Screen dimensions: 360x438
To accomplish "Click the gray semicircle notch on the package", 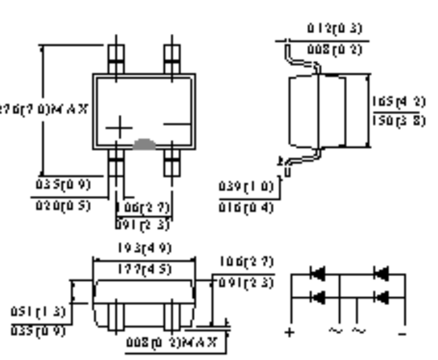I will click(x=144, y=144).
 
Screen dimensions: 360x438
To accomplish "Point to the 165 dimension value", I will click(x=399, y=102).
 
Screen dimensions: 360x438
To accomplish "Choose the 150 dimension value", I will click(x=399, y=120).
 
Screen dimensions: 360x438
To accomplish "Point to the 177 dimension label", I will click(x=144, y=270).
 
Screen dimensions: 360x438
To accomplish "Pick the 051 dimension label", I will click(x=38, y=312).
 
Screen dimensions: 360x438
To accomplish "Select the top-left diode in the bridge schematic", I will click(x=318, y=273).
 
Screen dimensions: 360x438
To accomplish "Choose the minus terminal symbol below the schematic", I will click(x=403, y=333).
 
